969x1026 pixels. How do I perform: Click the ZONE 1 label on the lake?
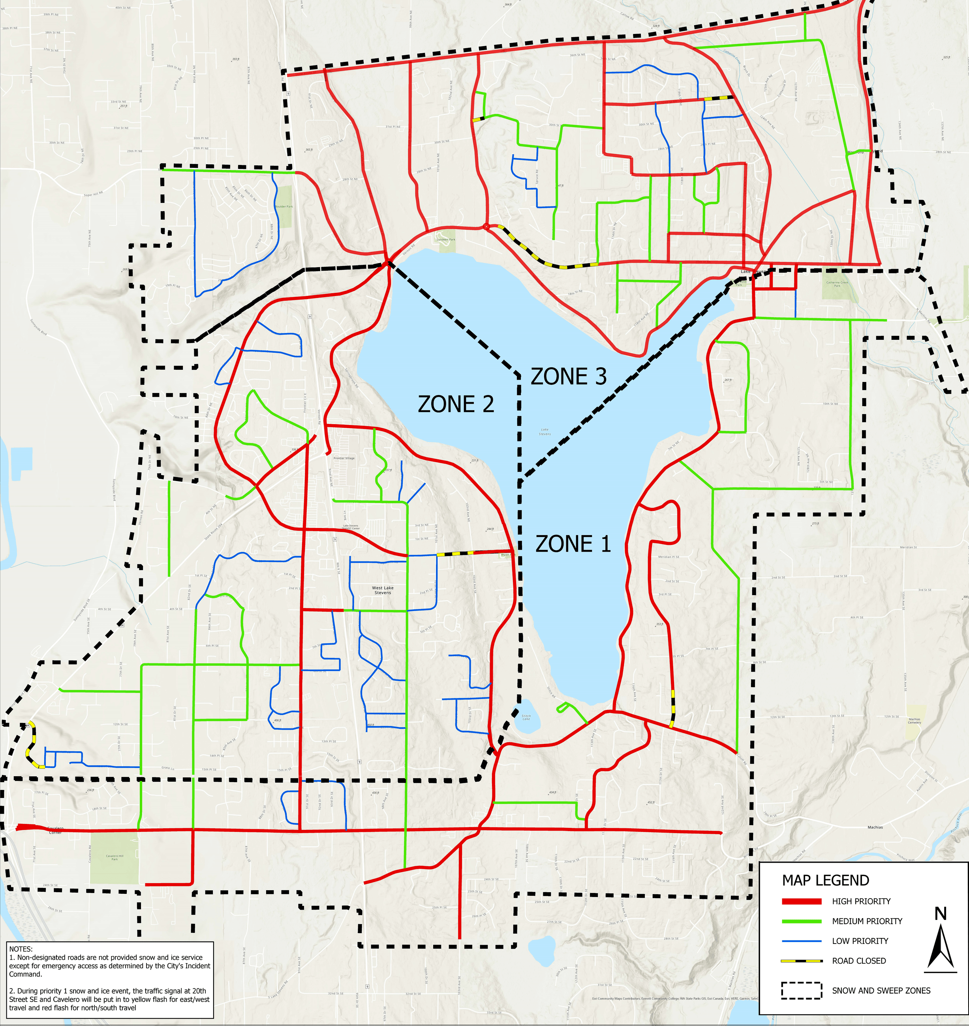tap(573, 544)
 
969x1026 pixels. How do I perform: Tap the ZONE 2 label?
tap(456, 404)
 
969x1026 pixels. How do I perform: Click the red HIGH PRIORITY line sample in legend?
tap(802, 901)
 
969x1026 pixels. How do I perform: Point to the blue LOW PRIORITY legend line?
tap(802, 941)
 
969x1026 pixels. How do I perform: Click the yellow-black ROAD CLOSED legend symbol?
tap(802, 961)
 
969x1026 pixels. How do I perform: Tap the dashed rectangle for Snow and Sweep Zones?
tap(802, 991)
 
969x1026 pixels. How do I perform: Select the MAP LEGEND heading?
tap(825, 880)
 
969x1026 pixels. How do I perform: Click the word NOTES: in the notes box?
tap(21, 949)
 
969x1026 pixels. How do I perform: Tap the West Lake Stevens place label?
tap(383, 590)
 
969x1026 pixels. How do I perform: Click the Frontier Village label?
tap(344, 458)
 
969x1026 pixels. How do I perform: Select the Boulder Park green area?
tap(284, 206)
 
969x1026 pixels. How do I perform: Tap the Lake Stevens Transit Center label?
tap(351, 527)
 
